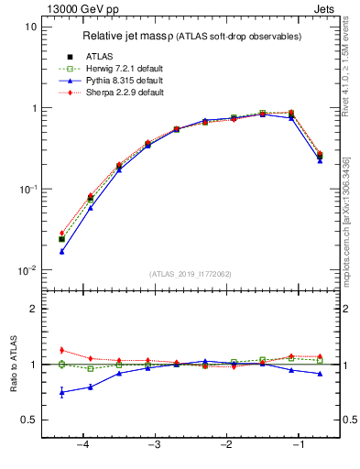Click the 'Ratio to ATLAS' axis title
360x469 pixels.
[x=14, y=365]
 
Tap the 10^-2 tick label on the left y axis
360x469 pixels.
[x=27, y=270]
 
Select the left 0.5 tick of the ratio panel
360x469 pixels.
[x=29, y=420]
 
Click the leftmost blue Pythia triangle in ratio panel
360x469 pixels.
[x=61, y=392]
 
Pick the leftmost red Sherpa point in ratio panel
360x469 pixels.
[x=61, y=350]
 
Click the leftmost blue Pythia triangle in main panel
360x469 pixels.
[x=61, y=251]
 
